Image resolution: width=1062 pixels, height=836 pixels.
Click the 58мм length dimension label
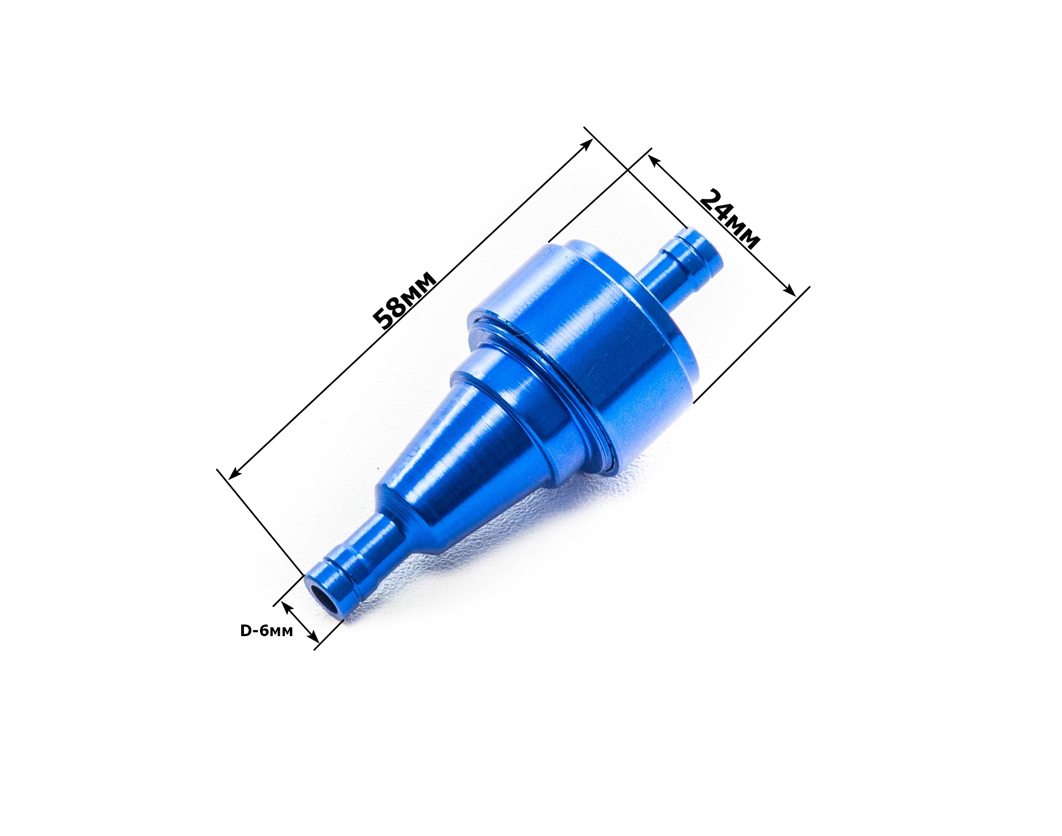click(405, 300)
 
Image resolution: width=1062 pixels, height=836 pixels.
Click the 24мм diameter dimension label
click(730, 219)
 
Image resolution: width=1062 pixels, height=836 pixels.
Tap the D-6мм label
click(266, 631)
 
